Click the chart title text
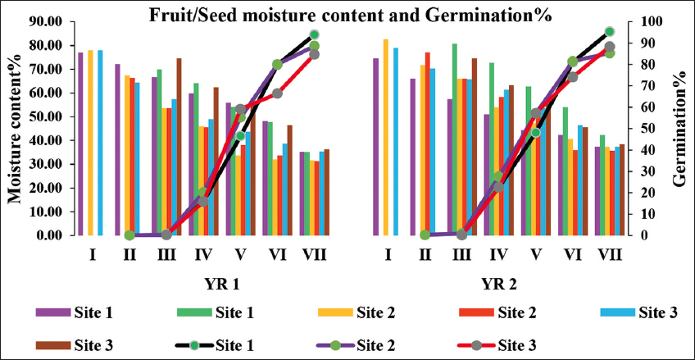point(347,14)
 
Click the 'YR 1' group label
point(221,285)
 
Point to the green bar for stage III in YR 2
point(455,139)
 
